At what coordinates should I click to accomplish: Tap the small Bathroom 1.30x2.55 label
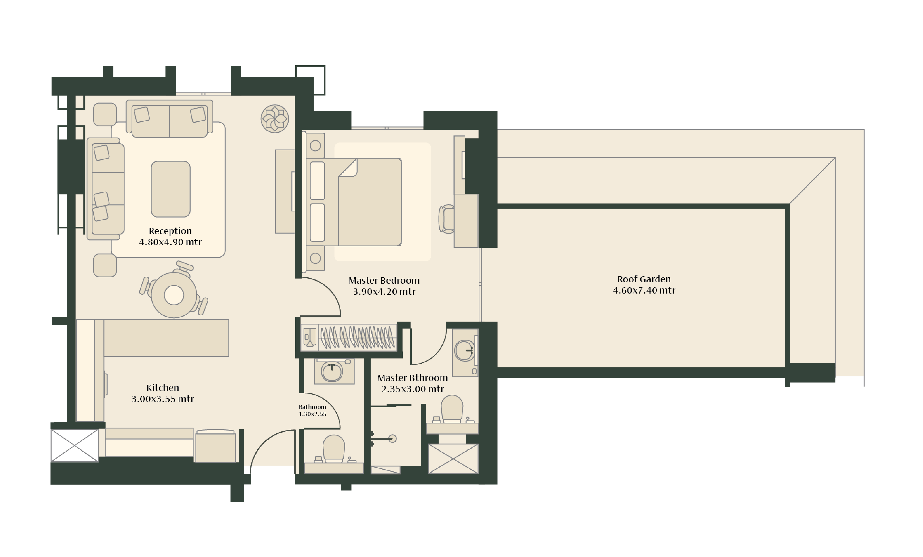(x=312, y=410)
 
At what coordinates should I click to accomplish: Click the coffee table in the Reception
(x=170, y=189)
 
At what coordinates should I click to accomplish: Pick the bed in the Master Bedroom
(x=354, y=202)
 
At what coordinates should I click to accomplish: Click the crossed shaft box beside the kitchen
(x=75, y=445)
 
